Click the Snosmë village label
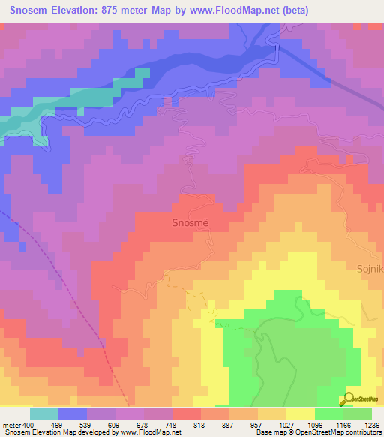(192, 223)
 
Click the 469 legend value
(73, 425)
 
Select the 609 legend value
(130, 425)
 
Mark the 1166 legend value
(335, 425)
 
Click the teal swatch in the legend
(44, 414)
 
